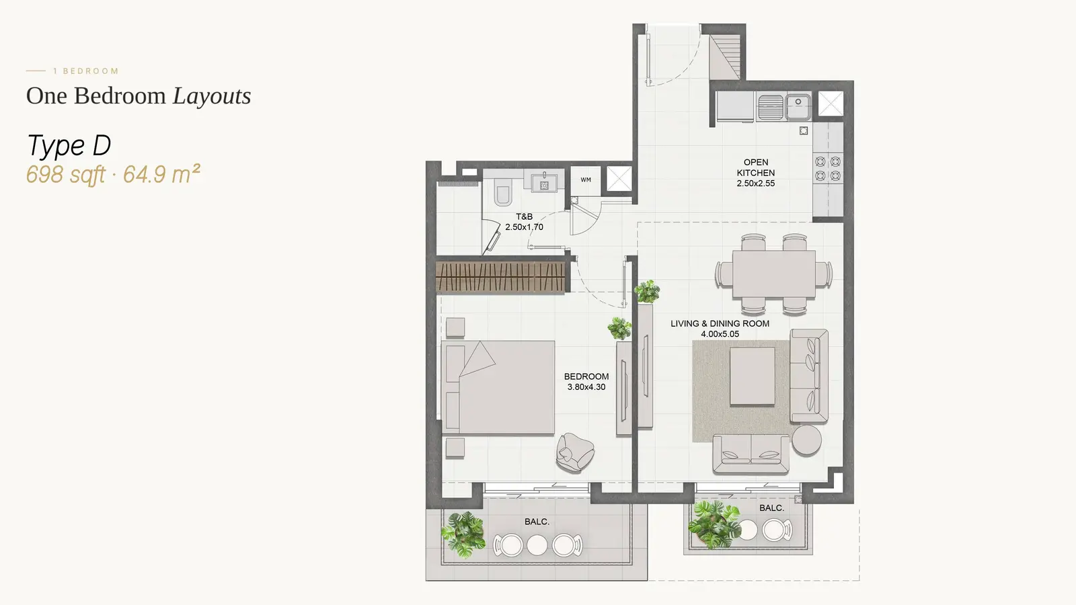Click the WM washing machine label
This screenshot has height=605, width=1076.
(x=586, y=180)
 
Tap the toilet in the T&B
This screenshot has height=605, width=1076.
(x=502, y=192)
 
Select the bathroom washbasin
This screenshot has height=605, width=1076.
(x=544, y=182)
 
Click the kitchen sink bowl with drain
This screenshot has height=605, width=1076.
(x=798, y=107)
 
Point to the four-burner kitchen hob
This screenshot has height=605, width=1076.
(x=828, y=169)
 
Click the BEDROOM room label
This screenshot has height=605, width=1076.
(x=586, y=376)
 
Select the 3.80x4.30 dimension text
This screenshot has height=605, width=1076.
(x=586, y=387)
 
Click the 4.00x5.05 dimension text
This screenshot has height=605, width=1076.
(x=720, y=334)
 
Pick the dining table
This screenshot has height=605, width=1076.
(x=774, y=274)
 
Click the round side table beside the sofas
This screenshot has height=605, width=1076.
(x=806, y=440)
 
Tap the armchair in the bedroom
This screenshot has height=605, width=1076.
(x=575, y=452)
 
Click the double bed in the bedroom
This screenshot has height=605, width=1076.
(x=498, y=387)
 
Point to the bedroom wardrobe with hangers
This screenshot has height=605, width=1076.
(x=500, y=276)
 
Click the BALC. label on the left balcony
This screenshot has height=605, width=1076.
(x=537, y=522)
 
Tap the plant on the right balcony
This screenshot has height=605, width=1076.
(x=714, y=524)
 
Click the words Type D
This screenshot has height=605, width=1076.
(x=69, y=146)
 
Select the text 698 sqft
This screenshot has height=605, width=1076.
(x=65, y=174)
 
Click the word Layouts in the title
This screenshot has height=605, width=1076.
(x=212, y=96)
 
